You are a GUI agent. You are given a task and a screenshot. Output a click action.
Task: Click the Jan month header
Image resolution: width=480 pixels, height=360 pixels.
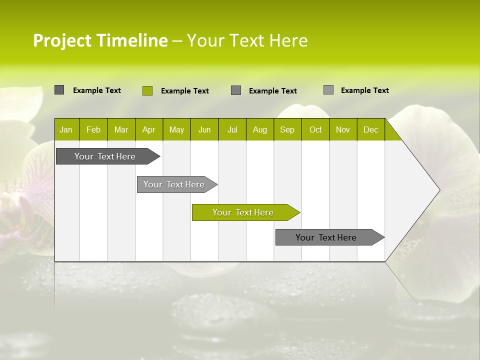pos(66,130)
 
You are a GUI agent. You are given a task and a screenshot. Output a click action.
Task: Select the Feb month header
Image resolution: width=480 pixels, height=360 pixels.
pos(93,130)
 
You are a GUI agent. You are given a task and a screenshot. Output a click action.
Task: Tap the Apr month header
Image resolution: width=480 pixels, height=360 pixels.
pos(148,130)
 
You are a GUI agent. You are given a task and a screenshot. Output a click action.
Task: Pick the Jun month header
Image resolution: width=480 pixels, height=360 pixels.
pos(204,130)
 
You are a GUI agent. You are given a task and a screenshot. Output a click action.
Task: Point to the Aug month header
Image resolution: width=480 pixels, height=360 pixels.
pos(259,130)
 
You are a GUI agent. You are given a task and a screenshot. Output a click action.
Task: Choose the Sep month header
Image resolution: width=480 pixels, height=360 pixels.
pos(287,130)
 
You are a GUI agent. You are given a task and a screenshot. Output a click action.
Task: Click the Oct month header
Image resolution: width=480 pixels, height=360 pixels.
pos(315,130)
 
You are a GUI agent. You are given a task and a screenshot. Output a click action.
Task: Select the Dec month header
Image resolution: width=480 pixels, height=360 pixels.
pos(370,130)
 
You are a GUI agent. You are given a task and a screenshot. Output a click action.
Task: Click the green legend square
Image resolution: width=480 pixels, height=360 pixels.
pos(147,90)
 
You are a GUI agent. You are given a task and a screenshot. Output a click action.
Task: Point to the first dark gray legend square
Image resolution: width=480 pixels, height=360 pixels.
pos(59,90)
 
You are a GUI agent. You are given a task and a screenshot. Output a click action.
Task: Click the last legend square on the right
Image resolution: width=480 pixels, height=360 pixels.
pos(328,90)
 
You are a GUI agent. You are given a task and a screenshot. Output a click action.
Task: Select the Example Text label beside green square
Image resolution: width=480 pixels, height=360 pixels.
pos(185,91)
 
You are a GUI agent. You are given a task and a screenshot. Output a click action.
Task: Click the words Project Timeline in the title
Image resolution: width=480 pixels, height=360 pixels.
pos(100,40)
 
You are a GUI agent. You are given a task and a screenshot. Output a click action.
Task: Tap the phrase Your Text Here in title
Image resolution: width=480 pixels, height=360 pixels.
pos(247,40)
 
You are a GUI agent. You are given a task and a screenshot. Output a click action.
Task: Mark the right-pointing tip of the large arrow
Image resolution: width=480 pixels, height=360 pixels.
pos(438,189)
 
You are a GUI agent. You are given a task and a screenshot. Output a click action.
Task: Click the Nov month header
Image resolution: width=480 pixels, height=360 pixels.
pos(343,130)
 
